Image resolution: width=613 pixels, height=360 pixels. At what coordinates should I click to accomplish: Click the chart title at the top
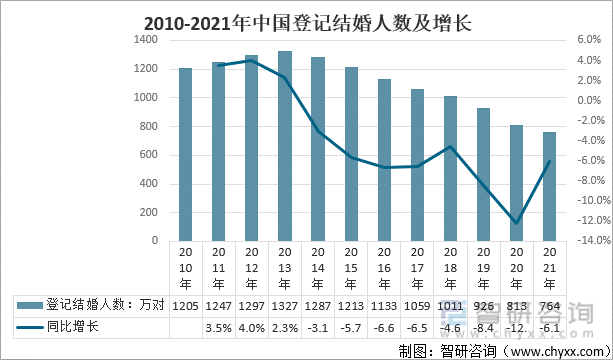[306, 21]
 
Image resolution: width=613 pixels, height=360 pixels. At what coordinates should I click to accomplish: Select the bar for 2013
[285, 146]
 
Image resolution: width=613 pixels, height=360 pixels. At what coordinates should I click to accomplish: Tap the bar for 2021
[550, 186]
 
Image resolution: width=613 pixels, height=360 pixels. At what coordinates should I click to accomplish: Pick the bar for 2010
[185, 154]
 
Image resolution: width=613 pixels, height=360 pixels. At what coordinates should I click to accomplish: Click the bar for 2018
[451, 168]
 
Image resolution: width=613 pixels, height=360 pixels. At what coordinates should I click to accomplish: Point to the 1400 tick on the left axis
[146, 40]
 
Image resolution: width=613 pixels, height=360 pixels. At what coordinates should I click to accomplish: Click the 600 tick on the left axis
[149, 155]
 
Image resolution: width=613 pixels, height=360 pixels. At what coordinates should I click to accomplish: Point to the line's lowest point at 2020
[517, 223]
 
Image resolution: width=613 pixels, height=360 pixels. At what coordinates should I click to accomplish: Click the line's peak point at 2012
[252, 60]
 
